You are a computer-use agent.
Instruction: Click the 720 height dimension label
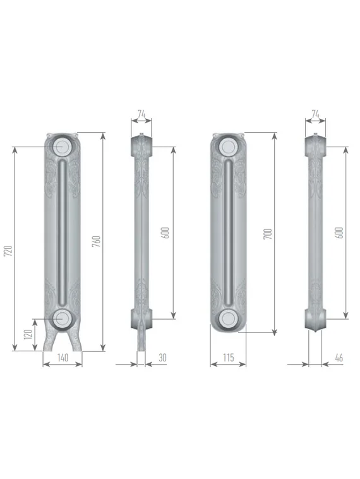click(9, 250)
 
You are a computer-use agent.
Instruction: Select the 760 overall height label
click(96, 241)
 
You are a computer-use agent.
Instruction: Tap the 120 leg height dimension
click(28, 334)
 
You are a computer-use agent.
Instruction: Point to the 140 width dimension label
click(63, 358)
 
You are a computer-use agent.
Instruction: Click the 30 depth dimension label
click(163, 358)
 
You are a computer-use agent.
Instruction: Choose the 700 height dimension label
click(268, 234)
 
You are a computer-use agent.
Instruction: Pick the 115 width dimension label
click(229, 358)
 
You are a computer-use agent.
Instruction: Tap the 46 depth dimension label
click(339, 358)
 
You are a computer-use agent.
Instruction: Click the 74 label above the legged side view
click(141, 114)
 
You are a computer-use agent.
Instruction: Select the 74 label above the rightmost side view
click(315, 114)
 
